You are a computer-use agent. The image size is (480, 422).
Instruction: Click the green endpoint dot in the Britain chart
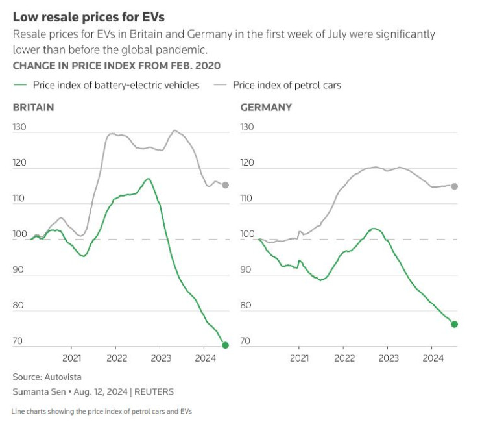[x=225, y=345]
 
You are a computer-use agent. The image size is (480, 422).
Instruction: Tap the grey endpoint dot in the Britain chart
[x=225, y=185]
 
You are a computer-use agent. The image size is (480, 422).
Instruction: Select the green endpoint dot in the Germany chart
[x=454, y=324]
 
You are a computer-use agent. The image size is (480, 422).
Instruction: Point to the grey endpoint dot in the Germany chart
[x=454, y=186]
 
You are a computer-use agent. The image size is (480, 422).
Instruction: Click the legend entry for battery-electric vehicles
[x=107, y=85]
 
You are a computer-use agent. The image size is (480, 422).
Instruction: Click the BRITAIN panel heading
[x=33, y=107]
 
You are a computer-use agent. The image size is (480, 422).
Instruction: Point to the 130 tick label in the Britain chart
[x=20, y=127]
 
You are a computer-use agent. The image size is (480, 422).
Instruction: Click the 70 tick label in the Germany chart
[x=246, y=340]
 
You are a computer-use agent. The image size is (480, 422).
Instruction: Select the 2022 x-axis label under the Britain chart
[x=117, y=358]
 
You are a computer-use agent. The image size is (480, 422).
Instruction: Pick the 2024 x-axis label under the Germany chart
[x=433, y=358]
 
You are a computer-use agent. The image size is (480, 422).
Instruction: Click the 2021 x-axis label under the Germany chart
[x=299, y=358]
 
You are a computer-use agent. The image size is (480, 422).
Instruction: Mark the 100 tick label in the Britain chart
[x=20, y=234]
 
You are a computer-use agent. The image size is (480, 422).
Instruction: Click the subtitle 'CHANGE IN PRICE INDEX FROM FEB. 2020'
[x=117, y=66]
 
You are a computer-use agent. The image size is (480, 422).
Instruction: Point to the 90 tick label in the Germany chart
[x=246, y=269]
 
